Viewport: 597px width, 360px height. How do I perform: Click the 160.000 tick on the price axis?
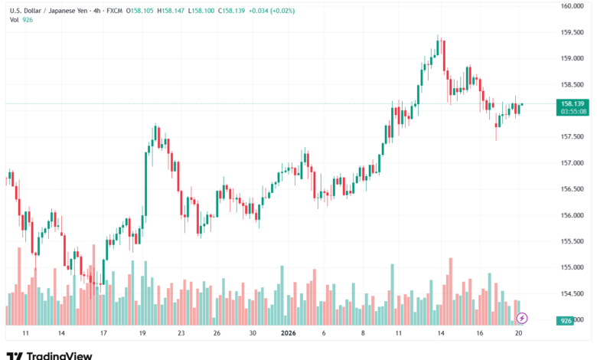[573, 6]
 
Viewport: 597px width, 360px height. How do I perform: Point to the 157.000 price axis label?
[573, 163]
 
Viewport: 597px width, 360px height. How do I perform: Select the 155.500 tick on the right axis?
[573, 241]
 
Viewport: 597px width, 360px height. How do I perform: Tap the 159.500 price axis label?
[573, 32]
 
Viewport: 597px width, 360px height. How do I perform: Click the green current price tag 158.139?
[573, 103]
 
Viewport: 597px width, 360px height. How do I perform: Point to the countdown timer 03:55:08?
[573, 111]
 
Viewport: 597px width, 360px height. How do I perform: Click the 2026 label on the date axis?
[289, 334]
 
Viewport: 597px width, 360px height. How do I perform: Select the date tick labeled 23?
[181, 334]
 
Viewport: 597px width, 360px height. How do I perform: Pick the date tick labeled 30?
[253, 334]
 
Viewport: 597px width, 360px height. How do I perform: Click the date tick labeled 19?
[143, 334]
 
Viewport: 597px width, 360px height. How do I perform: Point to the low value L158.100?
[214, 11]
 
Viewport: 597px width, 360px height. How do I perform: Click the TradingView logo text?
[59, 355]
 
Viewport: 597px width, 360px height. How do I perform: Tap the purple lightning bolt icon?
[522, 317]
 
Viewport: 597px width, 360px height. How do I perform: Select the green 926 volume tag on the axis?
[566, 321]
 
